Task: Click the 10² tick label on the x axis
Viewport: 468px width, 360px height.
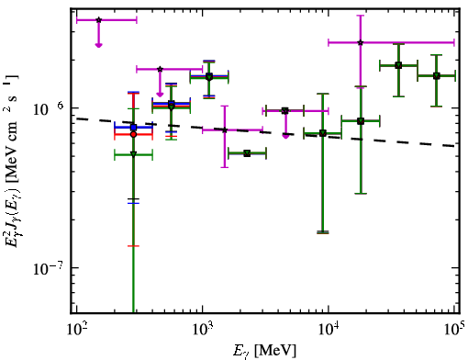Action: (x=76, y=330)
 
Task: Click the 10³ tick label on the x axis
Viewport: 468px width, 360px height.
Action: (x=202, y=330)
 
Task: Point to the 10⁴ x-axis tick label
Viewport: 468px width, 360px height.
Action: (x=329, y=330)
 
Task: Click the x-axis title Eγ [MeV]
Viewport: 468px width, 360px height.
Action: (x=264, y=351)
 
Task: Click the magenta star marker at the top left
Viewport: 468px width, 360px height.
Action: (x=98, y=20)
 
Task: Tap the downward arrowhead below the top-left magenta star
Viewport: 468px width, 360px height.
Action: (x=98, y=45)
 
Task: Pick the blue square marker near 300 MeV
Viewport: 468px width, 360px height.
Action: (x=133, y=128)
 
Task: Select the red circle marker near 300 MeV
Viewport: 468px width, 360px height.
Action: (x=133, y=134)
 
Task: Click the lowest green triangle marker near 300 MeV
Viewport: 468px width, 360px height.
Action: (x=133, y=154)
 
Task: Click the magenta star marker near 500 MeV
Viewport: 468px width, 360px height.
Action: (x=160, y=69)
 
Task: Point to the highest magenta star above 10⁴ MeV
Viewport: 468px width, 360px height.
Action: (x=361, y=42)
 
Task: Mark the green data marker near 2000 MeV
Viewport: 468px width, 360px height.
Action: (x=247, y=153)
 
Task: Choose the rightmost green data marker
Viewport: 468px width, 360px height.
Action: (x=437, y=76)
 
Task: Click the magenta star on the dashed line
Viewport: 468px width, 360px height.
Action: (x=225, y=130)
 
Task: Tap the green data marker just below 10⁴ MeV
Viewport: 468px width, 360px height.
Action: (x=323, y=133)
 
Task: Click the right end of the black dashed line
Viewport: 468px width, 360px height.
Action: (x=454, y=146)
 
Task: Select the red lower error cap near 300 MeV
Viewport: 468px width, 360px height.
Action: (x=133, y=246)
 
